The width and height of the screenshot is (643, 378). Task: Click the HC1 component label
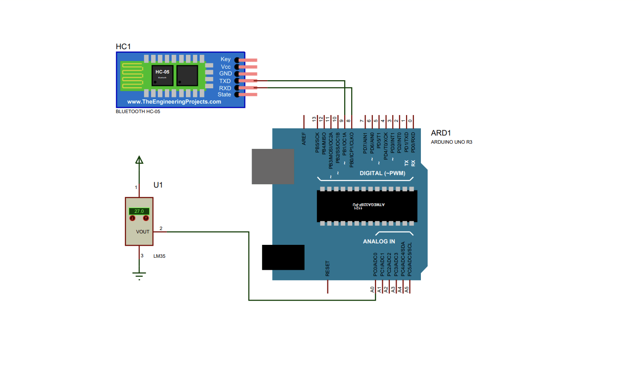(123, 46)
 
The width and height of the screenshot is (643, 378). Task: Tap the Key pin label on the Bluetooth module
(225, 59)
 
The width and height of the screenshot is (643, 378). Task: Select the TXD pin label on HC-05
(225, 81)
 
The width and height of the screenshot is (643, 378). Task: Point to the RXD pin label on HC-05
(225, 88)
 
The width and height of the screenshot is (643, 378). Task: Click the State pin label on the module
(224, 94)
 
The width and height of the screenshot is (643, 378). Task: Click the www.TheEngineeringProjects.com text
(174, 102)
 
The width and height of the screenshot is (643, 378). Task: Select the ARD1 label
(440, 133)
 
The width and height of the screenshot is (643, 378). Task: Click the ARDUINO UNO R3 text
(451, 142)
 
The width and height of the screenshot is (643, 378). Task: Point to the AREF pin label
(304, 139)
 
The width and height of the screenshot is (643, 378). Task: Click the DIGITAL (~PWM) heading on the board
(382, 173)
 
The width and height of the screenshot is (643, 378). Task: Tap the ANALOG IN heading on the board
(379, 241)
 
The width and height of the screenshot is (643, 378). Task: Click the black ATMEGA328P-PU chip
(367, 206)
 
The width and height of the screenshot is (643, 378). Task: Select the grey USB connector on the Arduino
(273, 166)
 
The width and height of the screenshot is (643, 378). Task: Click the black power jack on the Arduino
(283, 257)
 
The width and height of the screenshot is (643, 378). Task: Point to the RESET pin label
(327, 269)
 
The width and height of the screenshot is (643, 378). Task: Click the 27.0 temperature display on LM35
(139, 211)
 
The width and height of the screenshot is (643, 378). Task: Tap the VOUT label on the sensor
(143, 231)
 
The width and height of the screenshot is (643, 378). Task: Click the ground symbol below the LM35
(139, 276)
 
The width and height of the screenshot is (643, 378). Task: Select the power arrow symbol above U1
(139, 160)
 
